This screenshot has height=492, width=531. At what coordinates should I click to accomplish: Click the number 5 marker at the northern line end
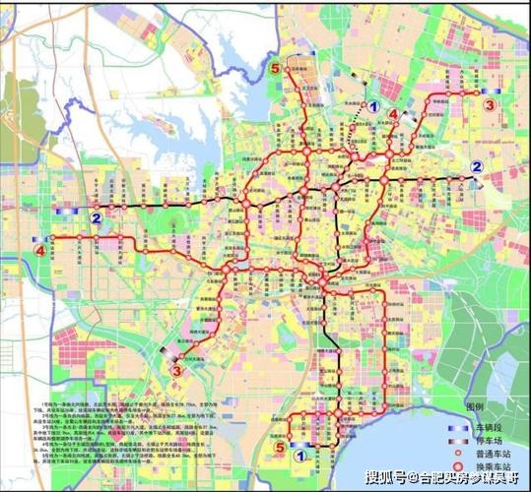[275, 68]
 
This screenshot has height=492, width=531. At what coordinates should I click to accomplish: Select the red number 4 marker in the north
[393, 114]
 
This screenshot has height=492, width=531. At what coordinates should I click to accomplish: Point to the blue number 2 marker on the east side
[477, 167]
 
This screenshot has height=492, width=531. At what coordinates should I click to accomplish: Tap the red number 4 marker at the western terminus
[39, 251]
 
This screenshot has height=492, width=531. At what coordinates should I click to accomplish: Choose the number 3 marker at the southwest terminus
[176, 371]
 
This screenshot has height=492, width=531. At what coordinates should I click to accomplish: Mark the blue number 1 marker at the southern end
[299, 456]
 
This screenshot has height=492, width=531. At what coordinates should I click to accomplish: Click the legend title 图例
[474, 405]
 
